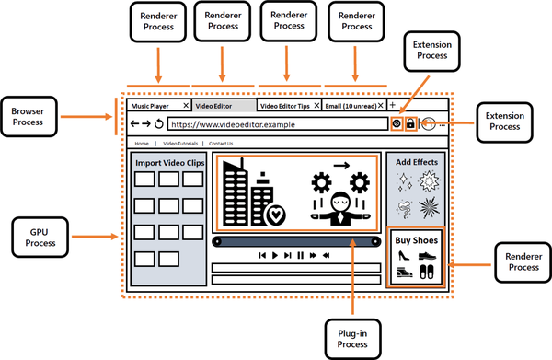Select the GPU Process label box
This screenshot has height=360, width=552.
(x=36, y=238)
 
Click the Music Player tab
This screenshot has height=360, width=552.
(x=154, y=106)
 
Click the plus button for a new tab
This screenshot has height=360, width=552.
(x=393, y=105)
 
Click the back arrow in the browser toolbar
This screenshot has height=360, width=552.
(x=134, y=123)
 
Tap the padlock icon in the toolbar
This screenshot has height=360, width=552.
(x=410, y=123)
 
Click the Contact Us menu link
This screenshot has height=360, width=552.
(x=221, y=144)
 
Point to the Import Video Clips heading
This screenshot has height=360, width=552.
(x=168, y=163)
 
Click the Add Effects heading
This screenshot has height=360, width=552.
(x=417, y=162)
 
